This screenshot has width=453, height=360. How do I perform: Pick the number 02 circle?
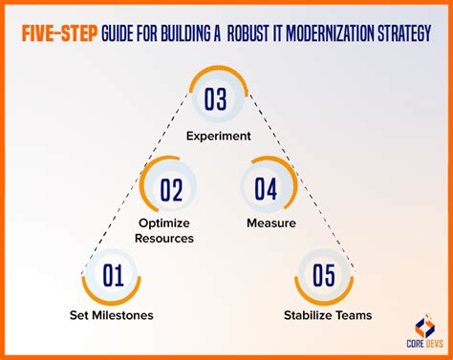(x=170, y=189)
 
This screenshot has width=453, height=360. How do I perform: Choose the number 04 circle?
(x=269, y=189)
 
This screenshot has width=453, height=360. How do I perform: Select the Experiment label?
(x=220, y=135)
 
